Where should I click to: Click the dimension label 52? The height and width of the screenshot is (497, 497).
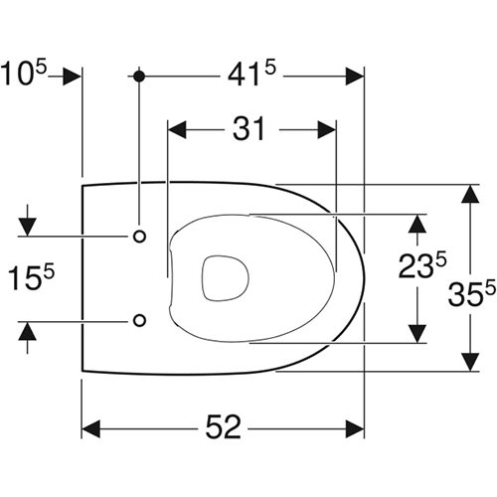tap(224, 428)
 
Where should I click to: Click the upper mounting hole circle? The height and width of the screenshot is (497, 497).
tap(139, 236)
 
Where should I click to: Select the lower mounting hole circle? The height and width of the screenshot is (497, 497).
tap(139, 320)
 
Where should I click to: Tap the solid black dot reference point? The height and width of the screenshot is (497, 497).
tap(139, 76)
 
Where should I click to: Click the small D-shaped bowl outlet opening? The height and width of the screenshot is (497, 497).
tap(223, 277)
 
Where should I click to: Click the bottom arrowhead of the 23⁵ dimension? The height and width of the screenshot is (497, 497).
tap(420, 330)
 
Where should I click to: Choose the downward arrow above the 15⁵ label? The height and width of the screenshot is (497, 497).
tap(27, 224)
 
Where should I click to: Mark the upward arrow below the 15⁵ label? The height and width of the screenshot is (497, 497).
tap(27, 333)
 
